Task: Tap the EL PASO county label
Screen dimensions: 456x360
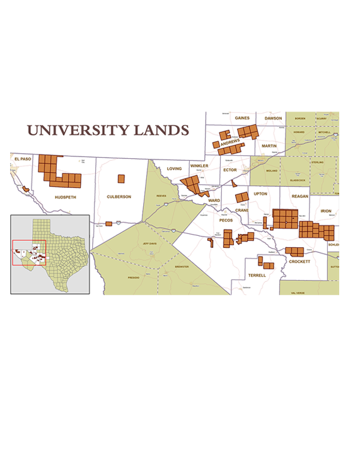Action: (x=21, y=159)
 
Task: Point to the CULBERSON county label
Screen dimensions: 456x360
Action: (x=119, y=197)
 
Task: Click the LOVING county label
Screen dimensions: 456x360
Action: (x=173, y=168)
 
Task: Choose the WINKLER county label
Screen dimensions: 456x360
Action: (x=199, y=166)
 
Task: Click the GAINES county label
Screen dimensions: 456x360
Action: (x=242, y=118)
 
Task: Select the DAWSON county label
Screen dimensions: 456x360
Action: (x=274, y=118)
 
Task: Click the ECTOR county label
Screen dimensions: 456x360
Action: (x=230, y=170)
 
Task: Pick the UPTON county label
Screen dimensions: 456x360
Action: (x=260, y=194)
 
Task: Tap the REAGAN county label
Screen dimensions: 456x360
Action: (x=299, y=196)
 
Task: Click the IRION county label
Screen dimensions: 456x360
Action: (x=326, y=211)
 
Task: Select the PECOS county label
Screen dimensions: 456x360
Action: (x=226, y=221)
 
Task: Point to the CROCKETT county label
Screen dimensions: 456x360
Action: (x=299, y=261)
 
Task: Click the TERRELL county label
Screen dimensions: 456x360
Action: (x=257, y=276)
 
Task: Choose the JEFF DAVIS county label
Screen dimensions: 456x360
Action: (x=149, y=243)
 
